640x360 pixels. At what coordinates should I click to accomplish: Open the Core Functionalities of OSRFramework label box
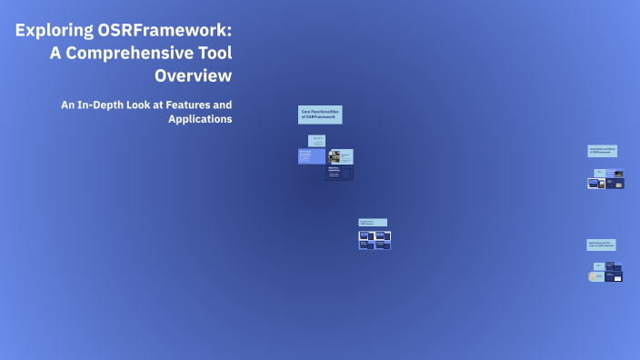point(320,115)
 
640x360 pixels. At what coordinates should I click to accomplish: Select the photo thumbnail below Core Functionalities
point(334,156)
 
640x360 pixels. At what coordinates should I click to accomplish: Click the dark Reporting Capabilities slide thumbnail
point(340,173)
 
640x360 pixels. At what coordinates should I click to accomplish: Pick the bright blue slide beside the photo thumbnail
point(310,156)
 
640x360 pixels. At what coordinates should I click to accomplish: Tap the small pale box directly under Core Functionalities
point(317,139)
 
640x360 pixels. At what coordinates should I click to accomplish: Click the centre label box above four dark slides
point(372,222)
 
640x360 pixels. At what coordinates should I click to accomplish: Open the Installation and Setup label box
point(602,151)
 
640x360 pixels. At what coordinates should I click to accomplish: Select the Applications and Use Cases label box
point(601,245)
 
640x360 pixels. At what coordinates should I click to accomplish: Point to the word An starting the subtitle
point(67,105)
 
